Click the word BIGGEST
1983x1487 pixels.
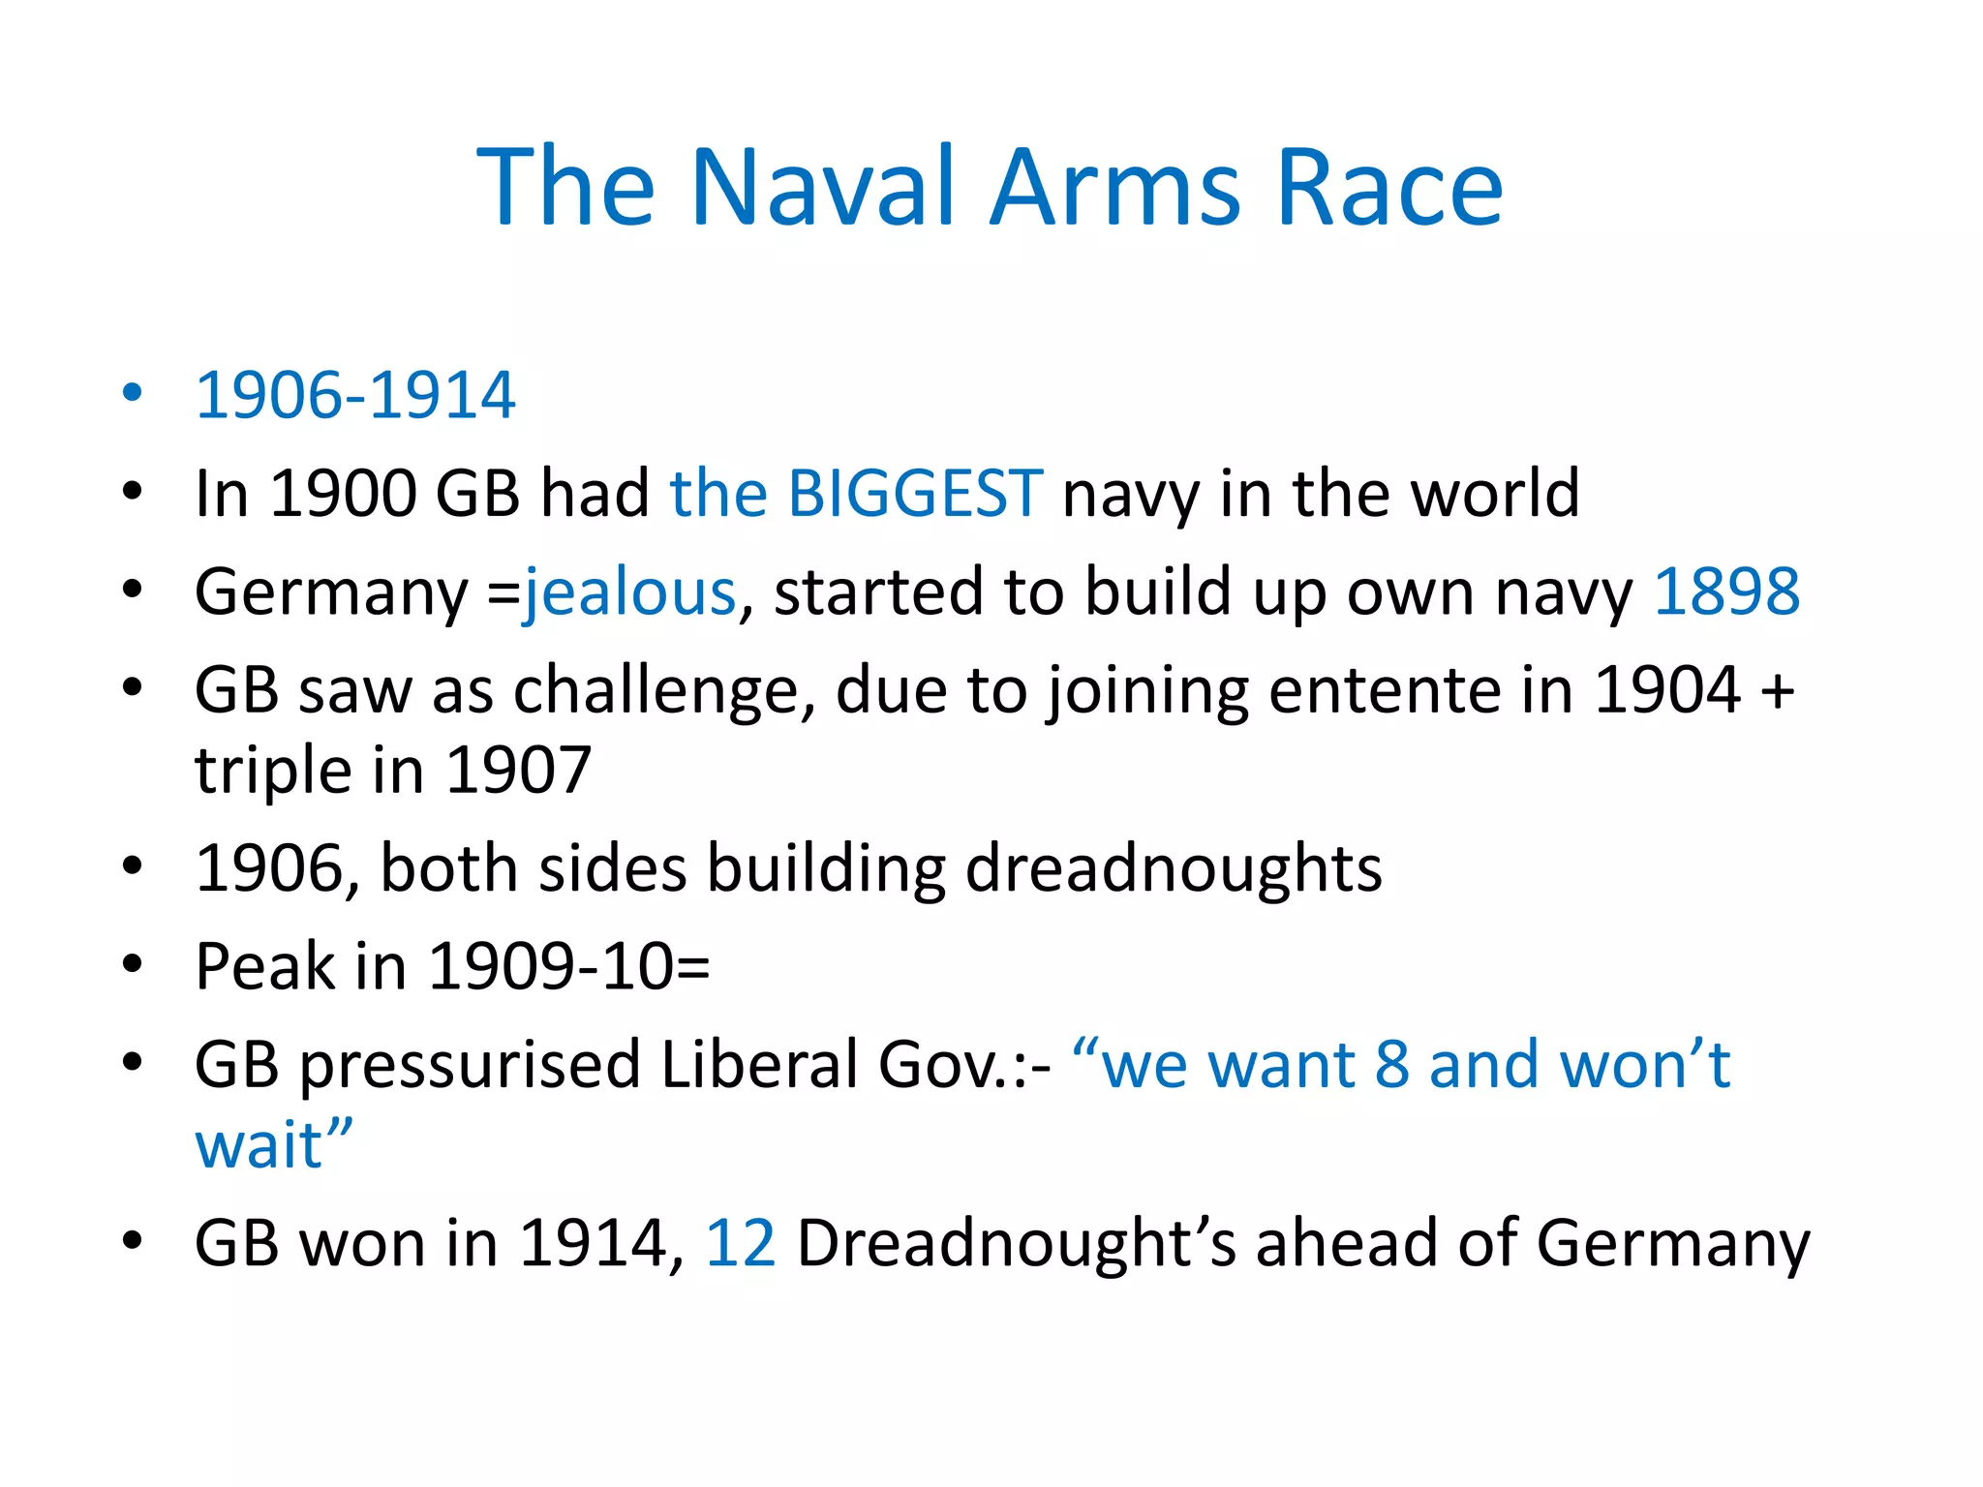[x=915, y=493]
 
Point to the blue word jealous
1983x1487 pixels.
[x=630, y=592]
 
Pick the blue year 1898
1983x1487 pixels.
[x=1726, y=592]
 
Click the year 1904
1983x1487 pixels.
[x=1667, y=690]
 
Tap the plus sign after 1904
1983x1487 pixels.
[x=1777, y=692]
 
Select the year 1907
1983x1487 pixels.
[x=518, y=771]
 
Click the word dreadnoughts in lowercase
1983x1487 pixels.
[x=1174, y=867]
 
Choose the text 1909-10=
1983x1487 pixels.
[x=569, y=966]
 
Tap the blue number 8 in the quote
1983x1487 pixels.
[x=1392, y=1065]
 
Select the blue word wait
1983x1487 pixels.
[x=259, y=1145]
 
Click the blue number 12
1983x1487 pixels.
[x=741, y=1243]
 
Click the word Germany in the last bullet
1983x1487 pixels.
[x=1672, y=1243]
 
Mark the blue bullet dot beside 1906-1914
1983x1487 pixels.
[x=133, y=393]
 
